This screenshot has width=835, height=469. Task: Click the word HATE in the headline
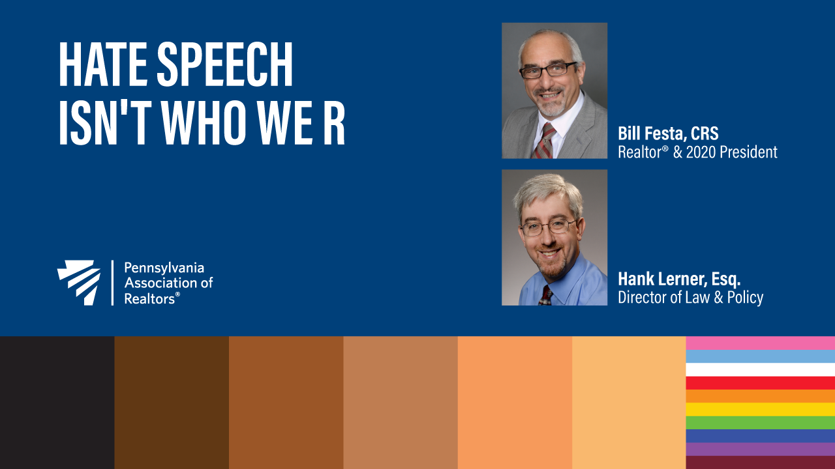pos(103,64)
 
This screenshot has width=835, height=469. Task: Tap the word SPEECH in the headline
pos(225,64)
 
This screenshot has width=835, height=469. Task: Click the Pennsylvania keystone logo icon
pos(79,283)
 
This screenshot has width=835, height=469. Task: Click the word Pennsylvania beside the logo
pos(164,268)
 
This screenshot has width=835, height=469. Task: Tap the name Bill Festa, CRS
pos(668,134)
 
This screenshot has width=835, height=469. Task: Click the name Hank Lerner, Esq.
pos(679,279)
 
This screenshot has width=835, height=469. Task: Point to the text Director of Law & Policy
pos(690,298)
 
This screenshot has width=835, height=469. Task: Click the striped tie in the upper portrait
pos(544,141)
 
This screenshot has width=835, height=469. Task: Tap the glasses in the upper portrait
pos(548,70)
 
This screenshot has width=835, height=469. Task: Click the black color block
pos(57,403)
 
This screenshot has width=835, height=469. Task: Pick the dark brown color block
pos(172,403)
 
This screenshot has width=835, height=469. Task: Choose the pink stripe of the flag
pos(761,343)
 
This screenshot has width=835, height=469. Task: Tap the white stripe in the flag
pos(761,369)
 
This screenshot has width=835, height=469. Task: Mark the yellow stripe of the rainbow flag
pos(761,410)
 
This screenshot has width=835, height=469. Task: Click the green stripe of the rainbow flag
pos(761,423)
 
